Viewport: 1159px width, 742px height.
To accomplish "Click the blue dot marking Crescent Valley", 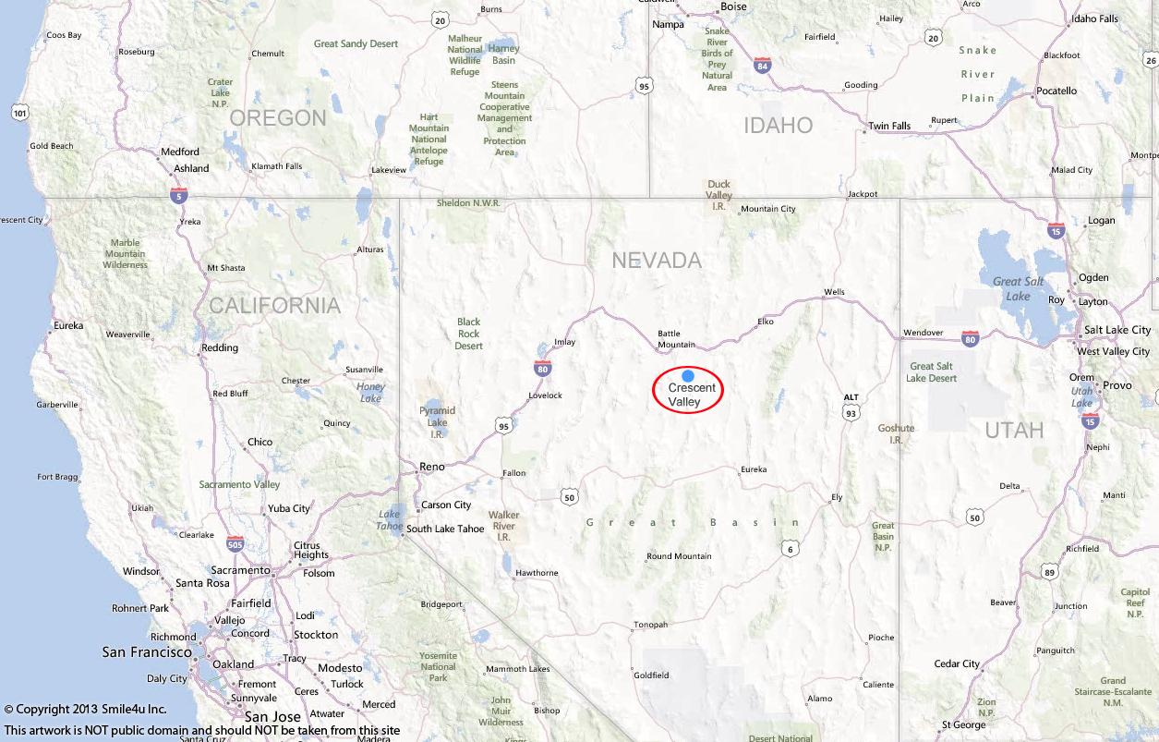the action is tap(688, 376).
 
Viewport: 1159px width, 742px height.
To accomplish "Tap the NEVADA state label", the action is tap(657, 261).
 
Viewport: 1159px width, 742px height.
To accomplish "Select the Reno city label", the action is tap(431, 467).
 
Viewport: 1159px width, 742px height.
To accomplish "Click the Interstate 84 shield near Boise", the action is tap(762, 66).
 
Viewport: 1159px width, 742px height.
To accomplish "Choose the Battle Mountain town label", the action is tap(675, 339).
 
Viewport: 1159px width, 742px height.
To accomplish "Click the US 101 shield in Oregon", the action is tap(20, 113).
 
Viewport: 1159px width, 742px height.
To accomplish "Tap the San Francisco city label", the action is tap(147, 652).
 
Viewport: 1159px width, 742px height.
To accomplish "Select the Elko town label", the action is tap(765, 322).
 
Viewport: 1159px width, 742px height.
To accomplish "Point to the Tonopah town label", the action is tap(650, 625).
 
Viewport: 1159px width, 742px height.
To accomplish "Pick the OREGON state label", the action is tap(278, 118).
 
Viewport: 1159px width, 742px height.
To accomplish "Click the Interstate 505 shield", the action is tap(235, 543).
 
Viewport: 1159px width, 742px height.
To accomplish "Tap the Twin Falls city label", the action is tap(889, 126).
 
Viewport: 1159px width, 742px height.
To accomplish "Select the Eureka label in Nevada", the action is tap(754, 469).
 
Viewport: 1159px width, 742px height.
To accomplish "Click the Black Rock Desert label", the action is tap(468, 334).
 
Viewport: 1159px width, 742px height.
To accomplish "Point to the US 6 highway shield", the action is tap(790, 549).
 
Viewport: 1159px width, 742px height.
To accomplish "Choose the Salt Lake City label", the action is tap(1117, 330).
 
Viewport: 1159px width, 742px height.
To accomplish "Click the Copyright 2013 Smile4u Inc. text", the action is tap(85, 710).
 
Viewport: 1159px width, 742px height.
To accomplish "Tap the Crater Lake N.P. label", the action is tap(220, 92).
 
